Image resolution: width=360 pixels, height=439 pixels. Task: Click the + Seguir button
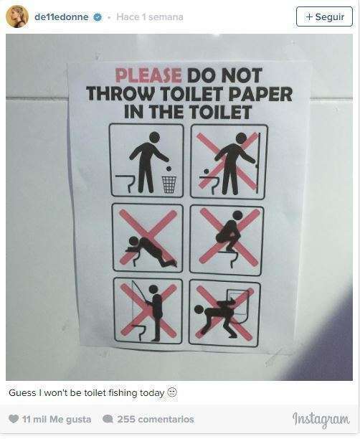pyautogui.click(x=324, y=16)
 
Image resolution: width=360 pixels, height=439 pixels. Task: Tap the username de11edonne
pyautogui.click(x=62, y=17)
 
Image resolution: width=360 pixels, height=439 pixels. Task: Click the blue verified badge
pyautogui.click(x=98, y=17)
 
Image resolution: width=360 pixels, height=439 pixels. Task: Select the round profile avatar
pyautogui.click(x=17, y=16)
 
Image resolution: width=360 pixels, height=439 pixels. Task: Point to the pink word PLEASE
pyautogui.click(x=148, y=75)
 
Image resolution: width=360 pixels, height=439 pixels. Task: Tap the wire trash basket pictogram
pyautogui.click(x=169, y=184)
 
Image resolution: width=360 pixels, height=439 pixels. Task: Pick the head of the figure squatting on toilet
pyautogui.click(x=237, y=215)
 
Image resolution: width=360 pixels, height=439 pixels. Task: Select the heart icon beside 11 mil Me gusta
pyautogui.click(x=14, y=419)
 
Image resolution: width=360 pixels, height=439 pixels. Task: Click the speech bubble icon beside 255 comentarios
pyautogui.click(x=108, y=419)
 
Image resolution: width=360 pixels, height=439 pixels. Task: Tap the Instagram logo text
pyautogui.click(x=321, y=419)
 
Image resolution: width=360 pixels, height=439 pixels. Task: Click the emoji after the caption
pyautogui.click(x=172, y=392)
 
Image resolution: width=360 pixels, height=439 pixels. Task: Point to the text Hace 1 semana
pyautogui.click(x=150, y=17)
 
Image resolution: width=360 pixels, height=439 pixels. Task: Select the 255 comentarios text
pyautogui.click(x=156, y=419)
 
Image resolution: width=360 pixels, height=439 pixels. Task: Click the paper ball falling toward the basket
pyautogui.click(x=169, y=169)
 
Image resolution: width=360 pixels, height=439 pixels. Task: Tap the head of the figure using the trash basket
pyautogui.click(x=154, y=137)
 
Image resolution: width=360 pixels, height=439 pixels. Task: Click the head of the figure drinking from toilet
pyautogui.click(x=133, y=242)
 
